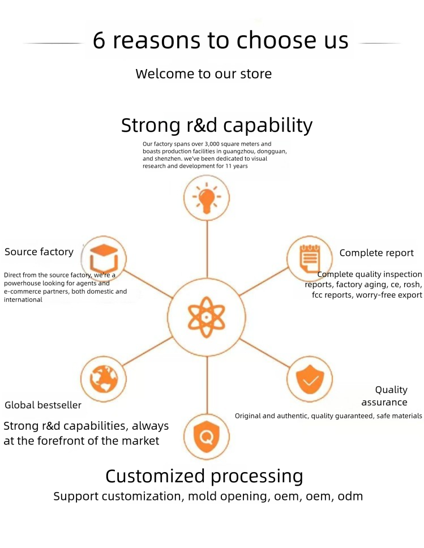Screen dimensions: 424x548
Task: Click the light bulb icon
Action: [x=207, y=198]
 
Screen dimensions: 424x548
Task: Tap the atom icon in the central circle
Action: [x=206, y=317]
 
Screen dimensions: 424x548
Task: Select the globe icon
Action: [x=104, y=379]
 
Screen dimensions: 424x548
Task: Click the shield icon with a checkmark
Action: [x=310, y=379]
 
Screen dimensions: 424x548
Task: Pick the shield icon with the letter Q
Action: [x=207, y=436]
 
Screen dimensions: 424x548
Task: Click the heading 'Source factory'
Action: [x=39, y=251]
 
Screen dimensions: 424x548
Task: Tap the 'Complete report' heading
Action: [x=376, y=252]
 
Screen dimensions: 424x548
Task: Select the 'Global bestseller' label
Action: [x=43, y=405]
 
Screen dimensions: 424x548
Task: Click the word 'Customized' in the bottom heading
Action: [x=155, y=476]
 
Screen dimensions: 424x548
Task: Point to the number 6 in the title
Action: [x=99, y=40]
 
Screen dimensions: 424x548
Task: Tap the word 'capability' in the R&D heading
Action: [x=268, y=126]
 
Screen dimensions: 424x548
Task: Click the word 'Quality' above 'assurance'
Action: [x=391, y=390]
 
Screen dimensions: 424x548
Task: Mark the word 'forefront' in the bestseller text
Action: [x=68, y=440]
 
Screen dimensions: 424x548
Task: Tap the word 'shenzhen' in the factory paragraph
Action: [x=168, y=159]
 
